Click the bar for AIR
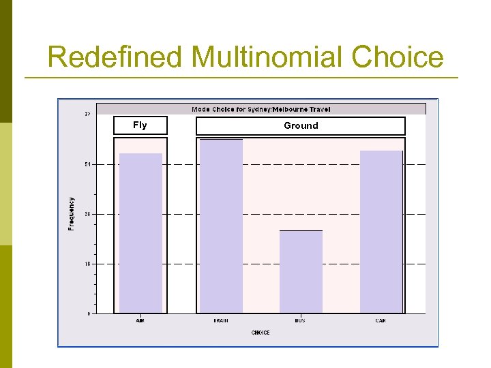coord(140,233)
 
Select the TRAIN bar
coord(221,226)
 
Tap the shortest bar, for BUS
coord(301,272)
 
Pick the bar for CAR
coord(381,232)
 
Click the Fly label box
coord(140,125)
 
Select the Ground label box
coord(301,126)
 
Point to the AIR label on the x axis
coord(140,320)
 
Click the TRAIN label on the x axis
coord(221,320)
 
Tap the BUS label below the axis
coord(301,320)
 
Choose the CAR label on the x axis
coord(381,320)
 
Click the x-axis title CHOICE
coord(261,333)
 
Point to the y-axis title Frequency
coord(71,213)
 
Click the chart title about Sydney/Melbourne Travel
coord(261,109)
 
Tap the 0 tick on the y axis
coord(88,313)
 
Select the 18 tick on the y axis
coord(87,264)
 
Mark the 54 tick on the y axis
coord(87,164)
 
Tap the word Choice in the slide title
coord(398,57)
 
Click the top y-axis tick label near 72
coord(87,114)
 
